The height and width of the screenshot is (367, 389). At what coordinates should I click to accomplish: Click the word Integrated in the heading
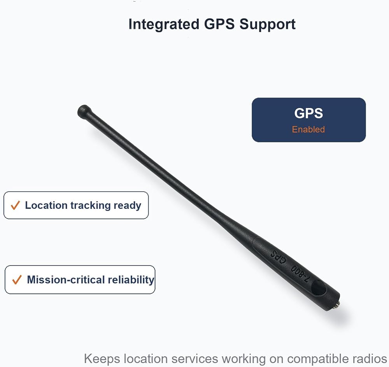tap(164, 25)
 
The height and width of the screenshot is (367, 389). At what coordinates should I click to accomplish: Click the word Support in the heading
tap(268, 25)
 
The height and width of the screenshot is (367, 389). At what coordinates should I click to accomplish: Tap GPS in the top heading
tap(219, 24)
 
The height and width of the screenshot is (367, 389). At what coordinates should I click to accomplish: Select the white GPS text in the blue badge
tap(308, 113)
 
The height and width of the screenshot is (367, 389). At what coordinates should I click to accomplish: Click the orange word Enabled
tap(308, 129)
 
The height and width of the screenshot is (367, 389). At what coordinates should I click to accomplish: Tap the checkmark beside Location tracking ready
tap(16, 205)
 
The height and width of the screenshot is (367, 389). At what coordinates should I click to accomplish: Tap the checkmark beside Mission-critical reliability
tap(17, 280)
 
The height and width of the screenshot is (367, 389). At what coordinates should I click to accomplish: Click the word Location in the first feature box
tap(46, 205)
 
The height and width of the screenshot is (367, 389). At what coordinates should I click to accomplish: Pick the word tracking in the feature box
tap(90, 206)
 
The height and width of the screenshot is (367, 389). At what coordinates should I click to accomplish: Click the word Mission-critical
tap(66, 280)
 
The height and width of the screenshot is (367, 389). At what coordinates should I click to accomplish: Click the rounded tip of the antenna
tap(84, 111)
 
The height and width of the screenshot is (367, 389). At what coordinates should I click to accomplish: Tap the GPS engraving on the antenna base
tap(279, 257)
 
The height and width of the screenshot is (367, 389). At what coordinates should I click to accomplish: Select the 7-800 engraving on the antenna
tap(300, 274)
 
